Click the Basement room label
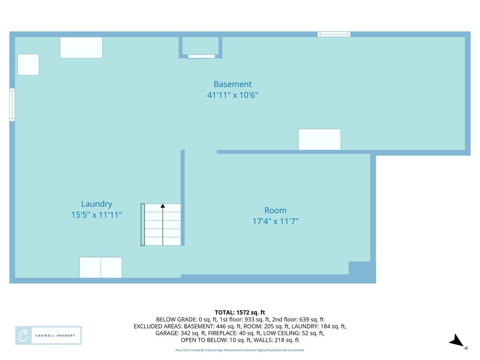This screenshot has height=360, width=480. pyautogui.click(x=232, y=84)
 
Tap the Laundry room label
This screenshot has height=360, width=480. pyautogui.click(x=97, y=204)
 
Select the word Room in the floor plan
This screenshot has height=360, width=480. pyautogui.click(x=276, y=210)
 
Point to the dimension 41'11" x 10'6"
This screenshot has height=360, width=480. pyautogui.click(x=232, y=95)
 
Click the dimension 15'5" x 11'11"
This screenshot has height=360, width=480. pyautogui.click(x=97, y=215)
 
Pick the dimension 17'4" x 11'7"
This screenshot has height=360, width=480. pyautogui.click(x=276, y=221)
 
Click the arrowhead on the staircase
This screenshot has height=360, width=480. pyautogui.click(x=163, y=206)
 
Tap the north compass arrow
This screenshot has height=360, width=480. pyautogui.click(x=457, y=341)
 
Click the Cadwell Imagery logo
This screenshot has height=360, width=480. pyautogui.click(x=48, y=336)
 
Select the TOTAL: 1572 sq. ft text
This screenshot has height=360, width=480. pyautogui.click(x=240, y=313)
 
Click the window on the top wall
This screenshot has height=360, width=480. pyautogui.click(x=334, y=34)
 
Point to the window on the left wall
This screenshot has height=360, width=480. pyautogui.click(x=12, y=105)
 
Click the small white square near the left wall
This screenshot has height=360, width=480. pyautogui.click(x=28, y=65)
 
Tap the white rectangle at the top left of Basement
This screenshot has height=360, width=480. pyautogui.click(x=81, y=48)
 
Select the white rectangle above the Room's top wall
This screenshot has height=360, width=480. pyautogui.click(x=320, y=140)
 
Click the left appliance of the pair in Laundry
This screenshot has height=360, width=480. pyautogui.click(x=90, y=268)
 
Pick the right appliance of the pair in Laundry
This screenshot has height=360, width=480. pyautogui.click(x=111, y=268)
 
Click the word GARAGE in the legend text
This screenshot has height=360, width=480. pyautogui.click(x=167, y=333)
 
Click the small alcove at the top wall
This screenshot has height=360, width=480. pyautogui.click(x=201, y=47)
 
